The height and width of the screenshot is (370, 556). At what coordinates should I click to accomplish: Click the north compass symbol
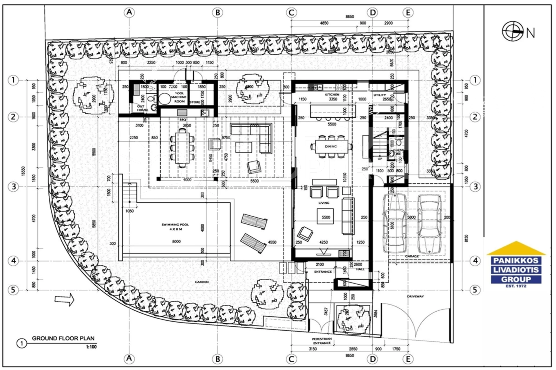(513, 31)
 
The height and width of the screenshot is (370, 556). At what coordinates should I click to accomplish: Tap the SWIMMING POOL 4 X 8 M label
(175, 227)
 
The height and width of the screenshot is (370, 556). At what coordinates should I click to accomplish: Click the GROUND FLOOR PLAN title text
(63, 338)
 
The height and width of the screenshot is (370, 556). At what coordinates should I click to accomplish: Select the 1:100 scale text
(91, 347)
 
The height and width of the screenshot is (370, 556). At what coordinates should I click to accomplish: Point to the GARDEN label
(202, 282)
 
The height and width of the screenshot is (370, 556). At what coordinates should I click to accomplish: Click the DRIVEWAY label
(415, 296)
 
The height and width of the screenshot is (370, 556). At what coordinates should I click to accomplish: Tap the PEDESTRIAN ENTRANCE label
(322, 341)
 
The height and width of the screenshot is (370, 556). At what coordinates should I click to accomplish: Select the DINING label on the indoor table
(331, 146)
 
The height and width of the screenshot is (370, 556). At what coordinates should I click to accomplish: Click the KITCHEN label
(332, 95)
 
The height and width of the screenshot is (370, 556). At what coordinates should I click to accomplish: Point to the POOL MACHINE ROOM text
(179, 97)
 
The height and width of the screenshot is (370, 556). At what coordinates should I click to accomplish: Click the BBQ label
(183, 119)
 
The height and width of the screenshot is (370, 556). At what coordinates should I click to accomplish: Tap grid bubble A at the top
(129, 12)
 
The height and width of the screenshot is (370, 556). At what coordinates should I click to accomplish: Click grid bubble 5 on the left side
(13, 290)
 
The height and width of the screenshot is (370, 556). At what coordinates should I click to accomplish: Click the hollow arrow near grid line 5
(64, 299)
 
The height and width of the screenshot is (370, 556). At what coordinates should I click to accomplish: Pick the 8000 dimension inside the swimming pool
(176, 241)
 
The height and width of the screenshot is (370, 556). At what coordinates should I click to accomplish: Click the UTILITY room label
(380, 95)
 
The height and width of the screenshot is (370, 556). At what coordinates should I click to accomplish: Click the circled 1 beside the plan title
(21, 343)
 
